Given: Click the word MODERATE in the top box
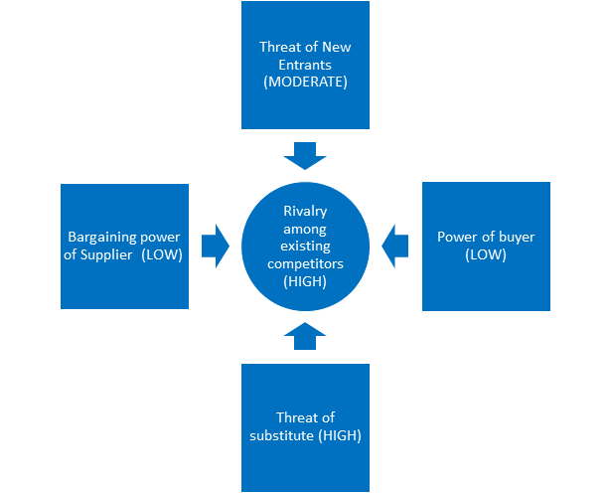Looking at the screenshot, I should point(305,82).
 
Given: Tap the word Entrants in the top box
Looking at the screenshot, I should point(305,64).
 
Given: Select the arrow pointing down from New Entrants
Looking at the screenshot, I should point(305,154).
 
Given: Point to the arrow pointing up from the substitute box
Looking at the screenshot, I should point(305,335).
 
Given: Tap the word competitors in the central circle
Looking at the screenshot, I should point(305,263).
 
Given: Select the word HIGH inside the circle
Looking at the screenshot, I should point(305,281).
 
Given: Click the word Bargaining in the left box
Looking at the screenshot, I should point(99,237).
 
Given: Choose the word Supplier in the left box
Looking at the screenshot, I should point(106,254).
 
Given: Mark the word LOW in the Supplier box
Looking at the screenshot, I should point(159,254).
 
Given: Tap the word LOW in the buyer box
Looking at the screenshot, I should point(486,254).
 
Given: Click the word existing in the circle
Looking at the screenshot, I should point(305,246).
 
